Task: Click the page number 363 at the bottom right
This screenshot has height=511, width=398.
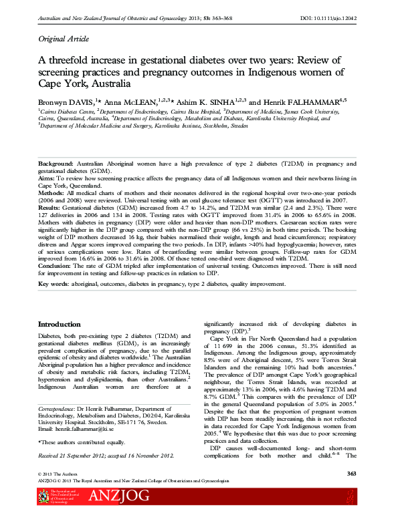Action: tap(352, 474)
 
